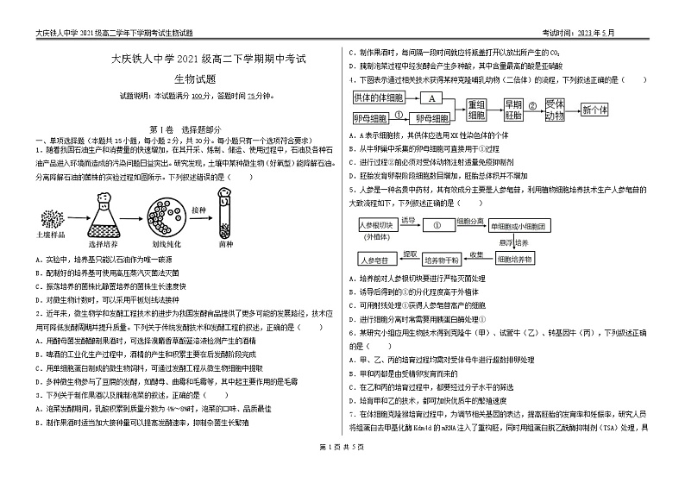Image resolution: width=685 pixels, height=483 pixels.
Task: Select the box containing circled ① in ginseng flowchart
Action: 438,225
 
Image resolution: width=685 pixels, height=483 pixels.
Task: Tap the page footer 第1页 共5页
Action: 342,470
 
